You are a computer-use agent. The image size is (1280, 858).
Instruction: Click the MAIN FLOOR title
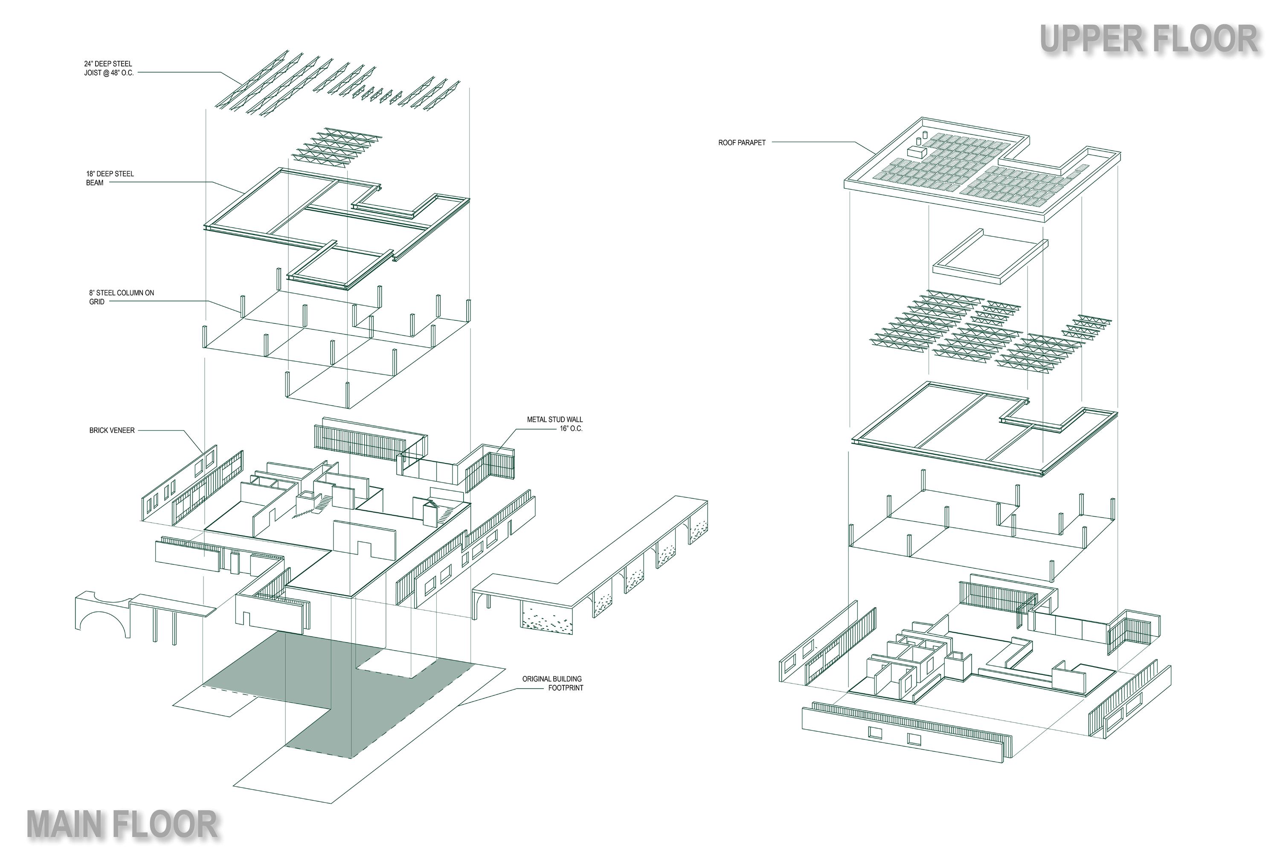click(x=122, y=825)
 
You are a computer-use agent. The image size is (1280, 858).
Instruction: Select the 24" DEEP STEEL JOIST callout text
click(x=108, y=68)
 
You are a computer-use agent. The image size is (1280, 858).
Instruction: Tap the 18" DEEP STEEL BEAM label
click(x=109, y=178)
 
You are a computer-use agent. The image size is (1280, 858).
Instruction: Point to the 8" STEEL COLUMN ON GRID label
click(x=122, y=297)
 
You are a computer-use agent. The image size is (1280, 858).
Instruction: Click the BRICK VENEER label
click(x=112, y=430)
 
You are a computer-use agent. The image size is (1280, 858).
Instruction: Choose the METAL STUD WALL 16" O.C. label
click(x=554, y=424)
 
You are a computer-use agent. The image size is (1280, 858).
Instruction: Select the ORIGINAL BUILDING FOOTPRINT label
click(x=552, y=683)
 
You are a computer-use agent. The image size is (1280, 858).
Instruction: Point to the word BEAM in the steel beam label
click(x=95, y=183)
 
